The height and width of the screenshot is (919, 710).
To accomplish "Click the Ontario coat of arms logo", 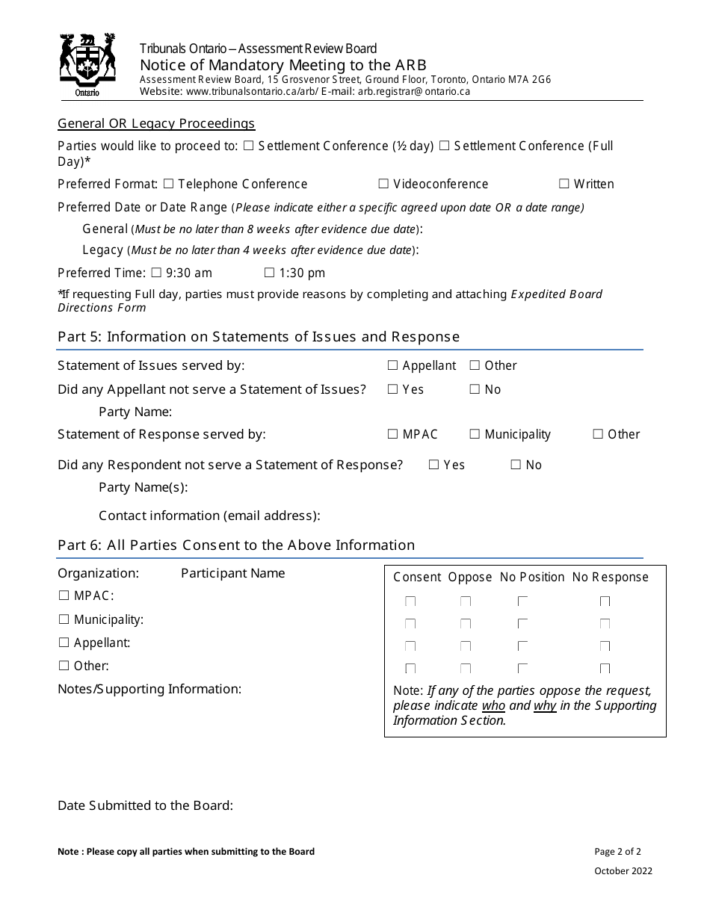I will (87, 65).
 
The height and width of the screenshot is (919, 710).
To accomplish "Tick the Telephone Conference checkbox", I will (168, 184).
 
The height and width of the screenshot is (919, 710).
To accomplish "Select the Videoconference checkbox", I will (383, 184).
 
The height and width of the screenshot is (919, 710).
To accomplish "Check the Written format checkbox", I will (564, 184).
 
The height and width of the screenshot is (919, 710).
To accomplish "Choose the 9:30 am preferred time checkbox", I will (156, 273).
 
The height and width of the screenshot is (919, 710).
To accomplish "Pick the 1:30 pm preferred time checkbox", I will (269, 273).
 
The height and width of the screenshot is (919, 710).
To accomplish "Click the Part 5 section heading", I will (258, 337).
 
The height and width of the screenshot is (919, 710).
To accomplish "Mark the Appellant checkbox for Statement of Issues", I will (393, 365).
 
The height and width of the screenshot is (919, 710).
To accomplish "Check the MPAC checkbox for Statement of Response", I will (393, 434).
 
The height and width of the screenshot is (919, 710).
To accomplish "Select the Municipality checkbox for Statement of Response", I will (475, 434).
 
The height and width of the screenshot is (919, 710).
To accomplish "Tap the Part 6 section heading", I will (235, 545).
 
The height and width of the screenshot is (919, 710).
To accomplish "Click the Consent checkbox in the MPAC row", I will (410, 601).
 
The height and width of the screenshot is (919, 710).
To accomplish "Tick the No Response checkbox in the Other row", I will (605, 669).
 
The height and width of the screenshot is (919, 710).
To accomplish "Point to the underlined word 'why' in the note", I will (545, 705).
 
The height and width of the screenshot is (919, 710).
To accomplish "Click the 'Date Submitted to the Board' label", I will (145, 805).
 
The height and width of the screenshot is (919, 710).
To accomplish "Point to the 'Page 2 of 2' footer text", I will (617, 851).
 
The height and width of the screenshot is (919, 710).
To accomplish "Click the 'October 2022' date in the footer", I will (623, 870).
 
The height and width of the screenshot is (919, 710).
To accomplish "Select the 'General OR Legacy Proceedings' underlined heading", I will (156, 123).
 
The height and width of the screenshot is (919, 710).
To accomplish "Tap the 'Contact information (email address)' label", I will (209, 516).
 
